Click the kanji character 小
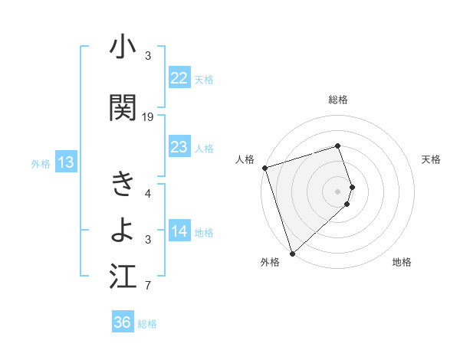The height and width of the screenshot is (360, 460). click(x=123, y=49)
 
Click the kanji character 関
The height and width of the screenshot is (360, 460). click(x=123, y=107)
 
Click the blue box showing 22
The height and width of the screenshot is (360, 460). click(x=179, y=78)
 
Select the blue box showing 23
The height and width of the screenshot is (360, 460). click(x=179, y=147)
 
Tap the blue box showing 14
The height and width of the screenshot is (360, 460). click(x=179, y=231)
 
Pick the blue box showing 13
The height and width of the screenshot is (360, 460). click(x=65, y=162)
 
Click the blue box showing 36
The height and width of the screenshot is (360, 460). click(x=122, y=322)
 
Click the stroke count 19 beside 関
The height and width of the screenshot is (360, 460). click(x=148, y=117)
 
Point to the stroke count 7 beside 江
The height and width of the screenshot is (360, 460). click(x=148, y=286)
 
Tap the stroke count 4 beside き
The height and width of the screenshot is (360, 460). click(x=148, y=194)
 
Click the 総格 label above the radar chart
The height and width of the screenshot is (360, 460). click(x=338, y=100)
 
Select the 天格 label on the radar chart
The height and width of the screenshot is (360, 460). click(x=432, y=159)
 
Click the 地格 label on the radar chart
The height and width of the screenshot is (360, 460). click(x=402, y=262)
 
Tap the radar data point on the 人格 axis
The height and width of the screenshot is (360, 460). click(x=264, y=168)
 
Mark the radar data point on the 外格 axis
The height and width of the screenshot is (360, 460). click(x=292, y=253)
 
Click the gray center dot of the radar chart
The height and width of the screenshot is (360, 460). click(x=338, y=191)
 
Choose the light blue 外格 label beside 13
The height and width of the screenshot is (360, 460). click(x=40, y=163)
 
